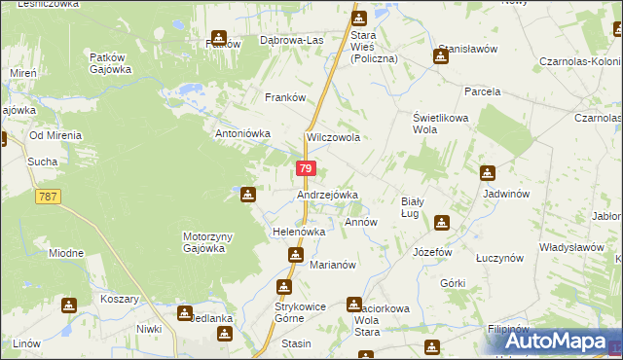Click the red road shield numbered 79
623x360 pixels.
tap(306, 168)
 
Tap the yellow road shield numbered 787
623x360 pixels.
tap(48, 197)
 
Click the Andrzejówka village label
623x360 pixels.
tap(327, 195)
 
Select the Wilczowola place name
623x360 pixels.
tap(334, 137)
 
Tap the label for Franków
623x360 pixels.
tap(286, 97)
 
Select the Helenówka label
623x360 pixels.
tap(298, 232)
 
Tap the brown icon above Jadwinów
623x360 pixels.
tap(487, 173)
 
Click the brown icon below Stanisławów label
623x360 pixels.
tap(441, 55)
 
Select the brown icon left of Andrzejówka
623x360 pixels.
tap(248, 195)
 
